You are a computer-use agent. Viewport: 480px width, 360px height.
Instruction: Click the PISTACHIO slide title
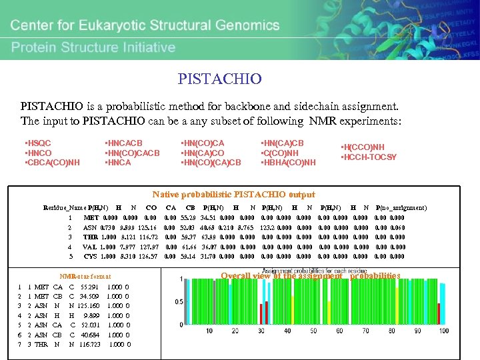click(219, 79)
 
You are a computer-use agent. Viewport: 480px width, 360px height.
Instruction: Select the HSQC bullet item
click(38, 143)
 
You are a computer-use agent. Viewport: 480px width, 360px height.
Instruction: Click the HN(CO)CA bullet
click(203, 143)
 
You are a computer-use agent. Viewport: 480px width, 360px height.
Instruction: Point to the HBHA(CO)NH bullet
click(288, 162)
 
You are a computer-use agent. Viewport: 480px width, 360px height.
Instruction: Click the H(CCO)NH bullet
click(364, 148)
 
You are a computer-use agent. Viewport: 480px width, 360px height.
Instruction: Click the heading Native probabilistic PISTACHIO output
click(233, 195)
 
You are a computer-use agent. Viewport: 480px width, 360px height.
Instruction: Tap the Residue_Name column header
click(65, 208)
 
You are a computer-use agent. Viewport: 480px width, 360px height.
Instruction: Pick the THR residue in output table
click(90, 237)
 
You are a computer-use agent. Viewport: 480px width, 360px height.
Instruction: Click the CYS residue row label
click(90, 256)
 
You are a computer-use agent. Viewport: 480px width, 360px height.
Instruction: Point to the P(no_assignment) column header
click(401, 208)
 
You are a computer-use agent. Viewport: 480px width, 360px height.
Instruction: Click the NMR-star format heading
click(85, 276)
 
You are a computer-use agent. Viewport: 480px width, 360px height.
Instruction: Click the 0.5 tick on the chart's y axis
click(179, 302)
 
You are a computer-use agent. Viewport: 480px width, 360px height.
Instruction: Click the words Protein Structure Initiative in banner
click(93, 47)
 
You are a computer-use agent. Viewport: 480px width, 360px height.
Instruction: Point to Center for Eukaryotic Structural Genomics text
click(160, 27)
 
